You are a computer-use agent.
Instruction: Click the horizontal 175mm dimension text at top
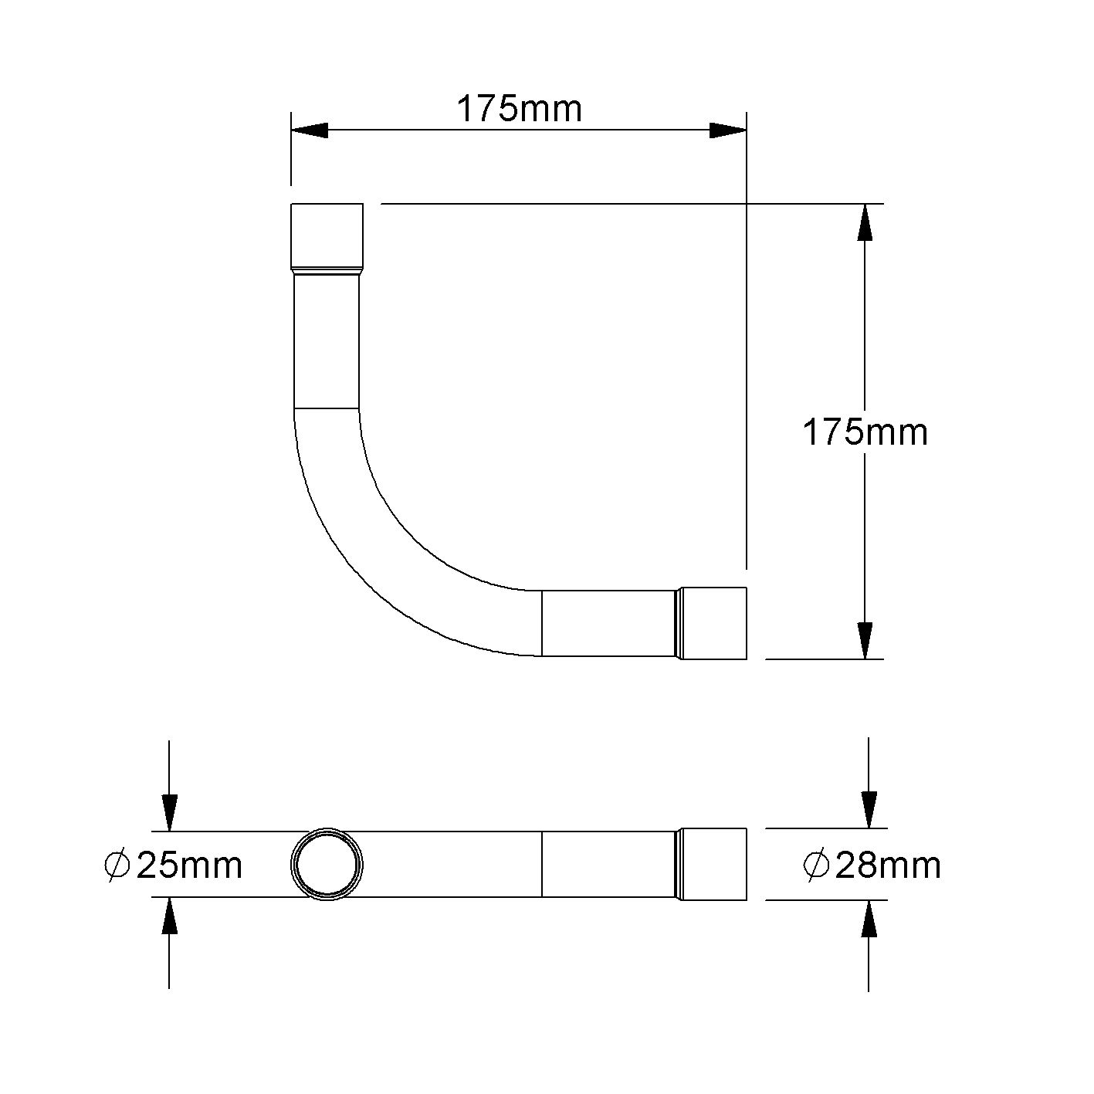pos(519,109)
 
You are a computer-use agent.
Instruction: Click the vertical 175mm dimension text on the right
pos(865,432)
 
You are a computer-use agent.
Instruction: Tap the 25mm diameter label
pos(188,865)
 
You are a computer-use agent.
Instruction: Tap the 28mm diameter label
pos(887,865)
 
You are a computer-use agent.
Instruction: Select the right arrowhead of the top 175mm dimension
pos(727,130)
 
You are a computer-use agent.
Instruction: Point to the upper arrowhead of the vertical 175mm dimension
pos(865,224)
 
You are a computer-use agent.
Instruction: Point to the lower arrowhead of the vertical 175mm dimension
pos(865,640)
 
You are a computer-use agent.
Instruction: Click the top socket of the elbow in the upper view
pos(327,235)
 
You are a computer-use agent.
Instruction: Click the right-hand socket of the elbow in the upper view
pos(714,623)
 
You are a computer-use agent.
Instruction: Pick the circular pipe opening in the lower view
pos(327,865)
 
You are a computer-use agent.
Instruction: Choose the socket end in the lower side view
pos(714,864)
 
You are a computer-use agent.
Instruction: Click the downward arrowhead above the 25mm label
pos(169,812)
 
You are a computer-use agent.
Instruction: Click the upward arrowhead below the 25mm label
pos(169,917)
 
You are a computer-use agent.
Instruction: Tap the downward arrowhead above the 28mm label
pos(869,809)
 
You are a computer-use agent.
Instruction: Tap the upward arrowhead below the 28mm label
pos(869,919)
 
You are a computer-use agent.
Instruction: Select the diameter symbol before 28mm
pos(816,865)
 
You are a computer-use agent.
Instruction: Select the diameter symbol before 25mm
pos(117,865)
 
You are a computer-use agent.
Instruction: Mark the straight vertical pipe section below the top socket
pos(327,340)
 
